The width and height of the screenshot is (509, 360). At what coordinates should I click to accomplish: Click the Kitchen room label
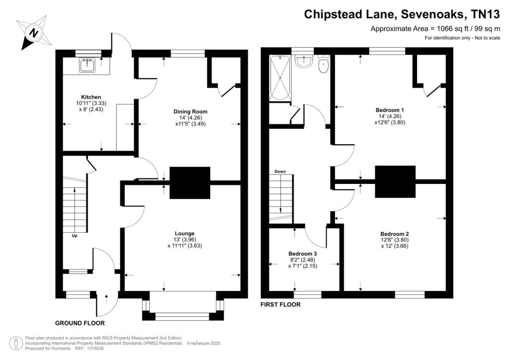point(91,97)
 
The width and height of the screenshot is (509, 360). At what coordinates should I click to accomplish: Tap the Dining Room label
point(190,112)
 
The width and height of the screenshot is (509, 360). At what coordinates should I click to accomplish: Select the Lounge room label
point(185,233)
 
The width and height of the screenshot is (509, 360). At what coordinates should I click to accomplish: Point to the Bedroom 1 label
point(390,110)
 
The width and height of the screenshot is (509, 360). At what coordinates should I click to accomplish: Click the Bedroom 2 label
point(394,234)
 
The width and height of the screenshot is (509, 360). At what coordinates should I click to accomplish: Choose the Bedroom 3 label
point(303,254)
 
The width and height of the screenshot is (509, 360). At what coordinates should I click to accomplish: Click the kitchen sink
point(87,65)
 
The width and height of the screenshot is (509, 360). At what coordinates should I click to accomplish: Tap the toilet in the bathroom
point(323,64)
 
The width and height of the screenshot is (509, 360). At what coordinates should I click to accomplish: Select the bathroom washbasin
point(304,61)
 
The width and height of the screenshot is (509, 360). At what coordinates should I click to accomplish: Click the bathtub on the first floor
point(279,78)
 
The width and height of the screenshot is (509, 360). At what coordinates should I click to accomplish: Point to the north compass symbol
point(33,33)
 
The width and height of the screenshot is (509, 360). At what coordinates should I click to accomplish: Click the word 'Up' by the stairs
point(75,236)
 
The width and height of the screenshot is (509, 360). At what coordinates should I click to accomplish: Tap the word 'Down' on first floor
point(280,172)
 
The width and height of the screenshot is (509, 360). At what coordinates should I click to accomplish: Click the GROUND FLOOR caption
point(80,323)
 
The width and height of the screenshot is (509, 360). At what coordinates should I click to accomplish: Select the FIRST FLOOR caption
point(280,304)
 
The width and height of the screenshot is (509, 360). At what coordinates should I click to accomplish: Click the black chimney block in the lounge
point(190,183)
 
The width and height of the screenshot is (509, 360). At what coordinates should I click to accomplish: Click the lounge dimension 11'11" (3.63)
point(185,246)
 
